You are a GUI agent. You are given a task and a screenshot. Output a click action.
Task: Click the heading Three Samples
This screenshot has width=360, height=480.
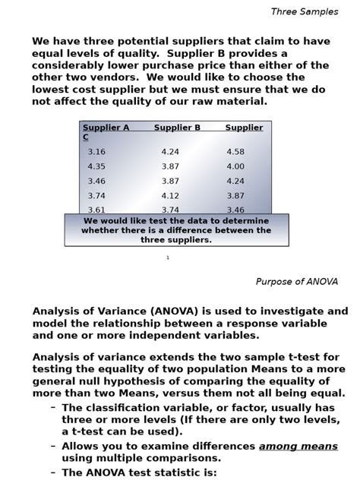pos(305,11)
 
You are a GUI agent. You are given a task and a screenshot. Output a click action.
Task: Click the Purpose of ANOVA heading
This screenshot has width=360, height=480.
pos(296,282)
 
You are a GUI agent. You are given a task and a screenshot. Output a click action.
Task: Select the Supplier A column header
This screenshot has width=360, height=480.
pos(106,128)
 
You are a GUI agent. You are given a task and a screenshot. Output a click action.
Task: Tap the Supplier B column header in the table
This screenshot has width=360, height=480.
pos(177,128)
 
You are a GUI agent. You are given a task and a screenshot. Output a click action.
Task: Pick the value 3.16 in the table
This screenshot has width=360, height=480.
pos(96,152)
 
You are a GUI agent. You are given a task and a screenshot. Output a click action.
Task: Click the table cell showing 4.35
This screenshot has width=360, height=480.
pos(96,166)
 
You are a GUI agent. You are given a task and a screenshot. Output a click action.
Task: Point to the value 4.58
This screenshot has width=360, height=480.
pos(235,152)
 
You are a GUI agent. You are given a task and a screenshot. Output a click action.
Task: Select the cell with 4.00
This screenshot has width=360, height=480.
pos(235,166)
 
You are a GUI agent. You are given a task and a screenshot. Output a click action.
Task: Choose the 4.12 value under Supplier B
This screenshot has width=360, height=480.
pos(170,196)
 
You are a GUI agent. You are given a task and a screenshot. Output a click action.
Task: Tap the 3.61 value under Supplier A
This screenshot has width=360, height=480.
pos(96,210)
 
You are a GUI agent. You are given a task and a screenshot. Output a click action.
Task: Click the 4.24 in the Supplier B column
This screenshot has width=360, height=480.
pos(170,152)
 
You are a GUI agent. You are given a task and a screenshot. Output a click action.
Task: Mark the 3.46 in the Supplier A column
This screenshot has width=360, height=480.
pos(96,182)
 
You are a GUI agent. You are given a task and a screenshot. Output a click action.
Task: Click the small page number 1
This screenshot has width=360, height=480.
pos(168,258)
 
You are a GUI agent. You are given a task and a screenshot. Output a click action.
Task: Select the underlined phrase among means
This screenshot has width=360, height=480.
pos(298,447)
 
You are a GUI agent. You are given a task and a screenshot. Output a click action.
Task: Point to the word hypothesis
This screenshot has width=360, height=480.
pos(154,381)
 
